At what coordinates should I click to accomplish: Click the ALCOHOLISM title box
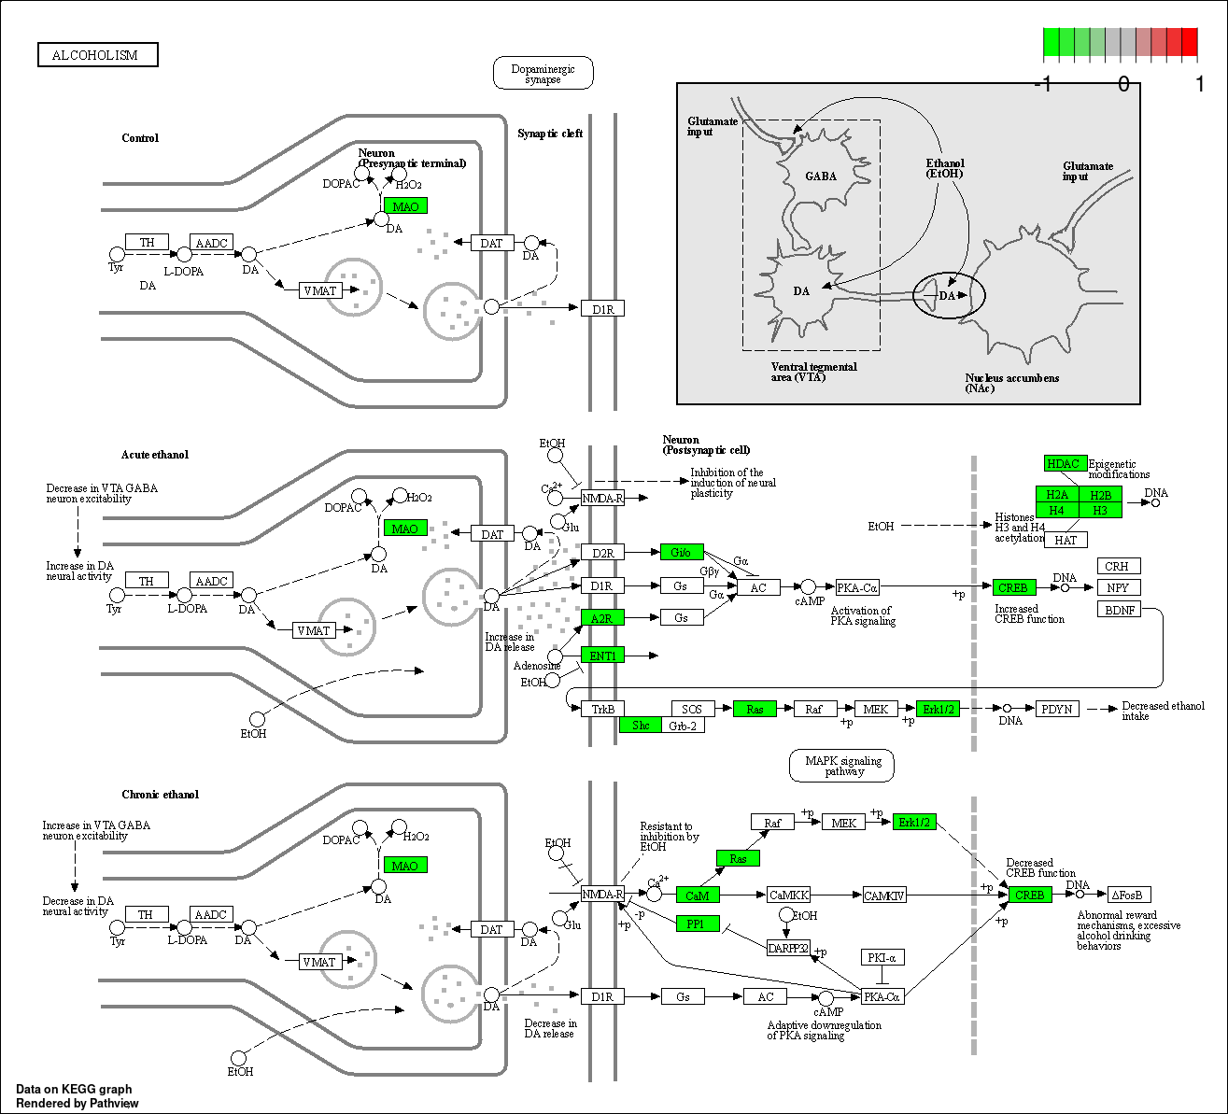pos(98,54)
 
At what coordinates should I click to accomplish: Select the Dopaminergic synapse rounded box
pos(543,74)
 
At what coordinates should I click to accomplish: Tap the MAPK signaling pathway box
pos(841,766)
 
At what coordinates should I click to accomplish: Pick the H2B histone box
pos(1100,494)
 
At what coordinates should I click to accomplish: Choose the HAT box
pos(1066,540)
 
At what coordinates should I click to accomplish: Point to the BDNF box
pos(1119,610)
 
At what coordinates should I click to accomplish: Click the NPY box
pos(1119,587)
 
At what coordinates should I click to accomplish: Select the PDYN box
pos(1057,709)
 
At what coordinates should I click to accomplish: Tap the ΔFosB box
pos(1129,895)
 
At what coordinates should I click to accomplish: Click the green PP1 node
pos(698,924)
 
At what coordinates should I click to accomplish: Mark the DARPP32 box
pos(788,948)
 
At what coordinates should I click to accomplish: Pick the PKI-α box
pos(882,957)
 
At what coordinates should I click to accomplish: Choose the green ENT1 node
pos(602,656)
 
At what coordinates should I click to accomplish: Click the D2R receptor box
pos(602,553)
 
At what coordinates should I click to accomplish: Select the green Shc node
pos(641,726)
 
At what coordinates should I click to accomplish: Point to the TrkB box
pos(602,709)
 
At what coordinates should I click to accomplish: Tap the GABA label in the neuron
pos(821,176)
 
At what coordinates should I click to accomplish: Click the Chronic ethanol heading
pos(161,795)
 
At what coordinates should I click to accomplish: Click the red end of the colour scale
pos(1190,42)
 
